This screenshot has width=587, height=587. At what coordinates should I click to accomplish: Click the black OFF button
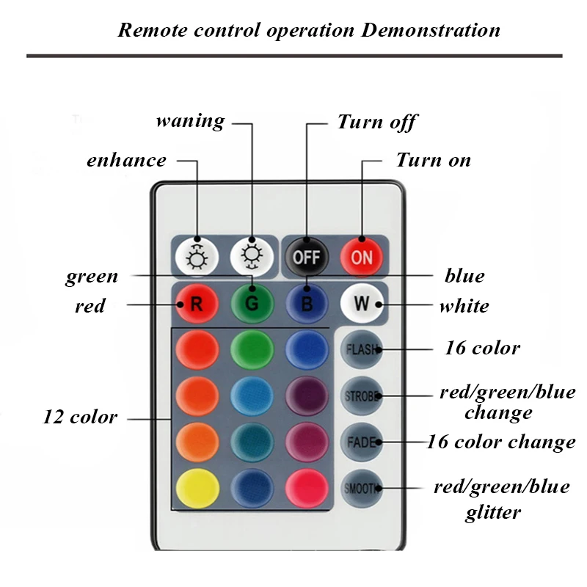[x=307, y=258]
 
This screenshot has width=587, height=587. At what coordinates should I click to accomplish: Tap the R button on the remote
[x=197, y=303]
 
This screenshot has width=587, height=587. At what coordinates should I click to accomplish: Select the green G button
[x=252, y=303]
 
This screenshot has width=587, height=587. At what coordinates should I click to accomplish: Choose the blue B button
[x=307, y=303]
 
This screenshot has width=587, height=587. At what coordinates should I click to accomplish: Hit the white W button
[x=362, y=303]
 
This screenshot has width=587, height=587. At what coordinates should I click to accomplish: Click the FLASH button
[x=362, y=349]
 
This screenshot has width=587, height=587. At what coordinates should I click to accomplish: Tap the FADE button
[x=362, y=442]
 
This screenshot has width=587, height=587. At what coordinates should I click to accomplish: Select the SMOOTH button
[x=362, y=488]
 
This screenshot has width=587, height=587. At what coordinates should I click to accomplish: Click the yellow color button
[x=197, y=488]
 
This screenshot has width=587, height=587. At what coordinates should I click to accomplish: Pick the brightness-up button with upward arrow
[x=197, y=258]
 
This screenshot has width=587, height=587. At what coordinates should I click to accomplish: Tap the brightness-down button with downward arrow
[x=252, y=258]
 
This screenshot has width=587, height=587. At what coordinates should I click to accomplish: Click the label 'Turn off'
[x=377, y=122]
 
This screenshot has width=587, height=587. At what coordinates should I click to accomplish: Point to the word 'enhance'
[x=126, y=160]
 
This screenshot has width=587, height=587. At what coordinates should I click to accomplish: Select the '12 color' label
[x=80, y=417]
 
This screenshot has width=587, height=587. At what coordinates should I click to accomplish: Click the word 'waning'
[x=191, y=121]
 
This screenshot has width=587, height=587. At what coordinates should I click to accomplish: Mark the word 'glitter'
[x=493, y=512]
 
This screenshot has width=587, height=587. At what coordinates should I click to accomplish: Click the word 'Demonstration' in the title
[x=431, y=30]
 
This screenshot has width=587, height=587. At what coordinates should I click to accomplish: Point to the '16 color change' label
[x=501, y=442]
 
